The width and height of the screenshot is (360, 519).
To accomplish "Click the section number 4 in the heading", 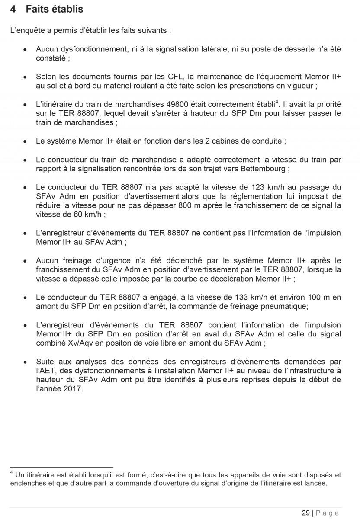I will tap(13, 9).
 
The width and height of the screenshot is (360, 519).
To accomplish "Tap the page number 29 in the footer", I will tap(305, 513).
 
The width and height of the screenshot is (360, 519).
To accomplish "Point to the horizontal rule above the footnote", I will tap(61, 467).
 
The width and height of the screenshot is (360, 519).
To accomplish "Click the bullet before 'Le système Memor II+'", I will tap(27, 141).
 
